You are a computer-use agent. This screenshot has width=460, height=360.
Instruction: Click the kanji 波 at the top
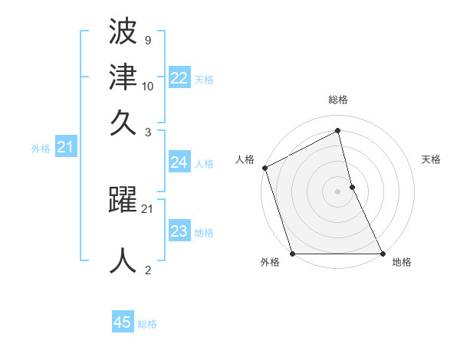[x=123, y=32]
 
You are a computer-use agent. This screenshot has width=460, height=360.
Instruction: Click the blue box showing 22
[x=179, y=78]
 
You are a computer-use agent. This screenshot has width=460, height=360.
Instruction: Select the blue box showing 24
[x=179, y=162]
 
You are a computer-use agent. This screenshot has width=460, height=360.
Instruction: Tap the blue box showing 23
[x=179, y=231]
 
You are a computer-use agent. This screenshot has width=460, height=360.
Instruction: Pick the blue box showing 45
[x=123, y=322]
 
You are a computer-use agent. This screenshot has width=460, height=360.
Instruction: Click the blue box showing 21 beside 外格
[x=65, y=148]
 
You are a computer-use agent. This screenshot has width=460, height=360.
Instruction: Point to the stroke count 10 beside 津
[x=148, y=86]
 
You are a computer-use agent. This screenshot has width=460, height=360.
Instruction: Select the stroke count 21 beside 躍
[x=148, y=208]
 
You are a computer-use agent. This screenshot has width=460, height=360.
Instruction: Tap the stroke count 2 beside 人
[x=147, y=269]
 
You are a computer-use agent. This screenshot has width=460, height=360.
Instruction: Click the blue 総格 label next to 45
[x=147, y=324]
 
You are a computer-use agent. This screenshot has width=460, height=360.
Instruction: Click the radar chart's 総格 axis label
[x=338, y=100]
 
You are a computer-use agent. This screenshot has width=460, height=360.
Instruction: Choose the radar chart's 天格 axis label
[x=431, y=159]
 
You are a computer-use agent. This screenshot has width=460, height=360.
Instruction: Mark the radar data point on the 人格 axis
[x=264, y=168]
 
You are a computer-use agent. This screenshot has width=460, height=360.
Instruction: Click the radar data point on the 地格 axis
[x=383, y=254]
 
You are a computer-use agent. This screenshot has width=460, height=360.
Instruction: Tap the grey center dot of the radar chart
[x=338, y=191]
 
